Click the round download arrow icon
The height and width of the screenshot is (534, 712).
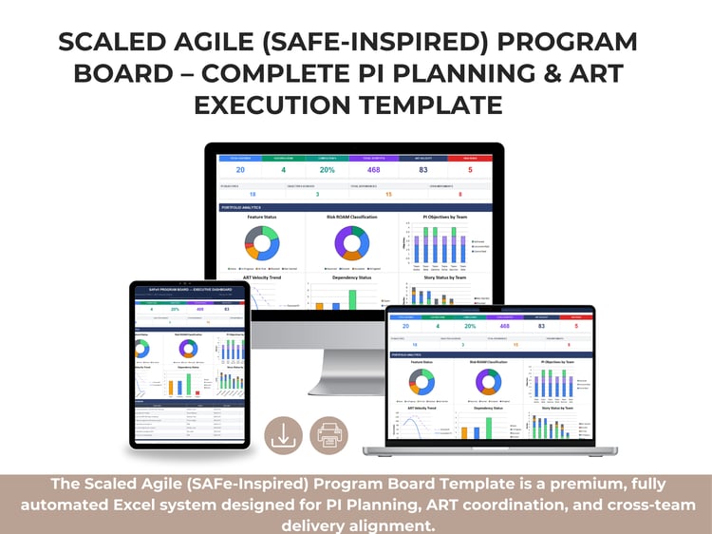point(284,435)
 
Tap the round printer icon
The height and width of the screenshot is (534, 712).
point(329,435)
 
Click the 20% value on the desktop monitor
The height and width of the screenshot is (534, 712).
point(327,170)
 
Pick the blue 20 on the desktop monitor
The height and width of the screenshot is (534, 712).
point(240,170)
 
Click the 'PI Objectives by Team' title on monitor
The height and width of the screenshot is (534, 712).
point(437,217)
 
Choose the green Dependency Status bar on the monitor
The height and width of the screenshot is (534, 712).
point(352,298)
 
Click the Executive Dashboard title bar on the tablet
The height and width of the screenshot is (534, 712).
point(189,288)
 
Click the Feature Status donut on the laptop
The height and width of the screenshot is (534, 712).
point(422,382)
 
